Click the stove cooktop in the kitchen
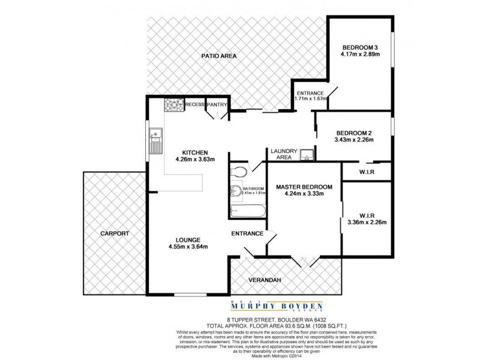pos(173,106)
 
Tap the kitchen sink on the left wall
pos(155,141)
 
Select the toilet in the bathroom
pos(239,172)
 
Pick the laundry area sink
pos(307,155)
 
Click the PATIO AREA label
pos(219,56)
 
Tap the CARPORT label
pos(115,233)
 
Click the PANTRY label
pos(216,104)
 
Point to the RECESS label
pos(194,104)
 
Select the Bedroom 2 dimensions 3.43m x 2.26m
pos(354,140)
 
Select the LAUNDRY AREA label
pos(281,154)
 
